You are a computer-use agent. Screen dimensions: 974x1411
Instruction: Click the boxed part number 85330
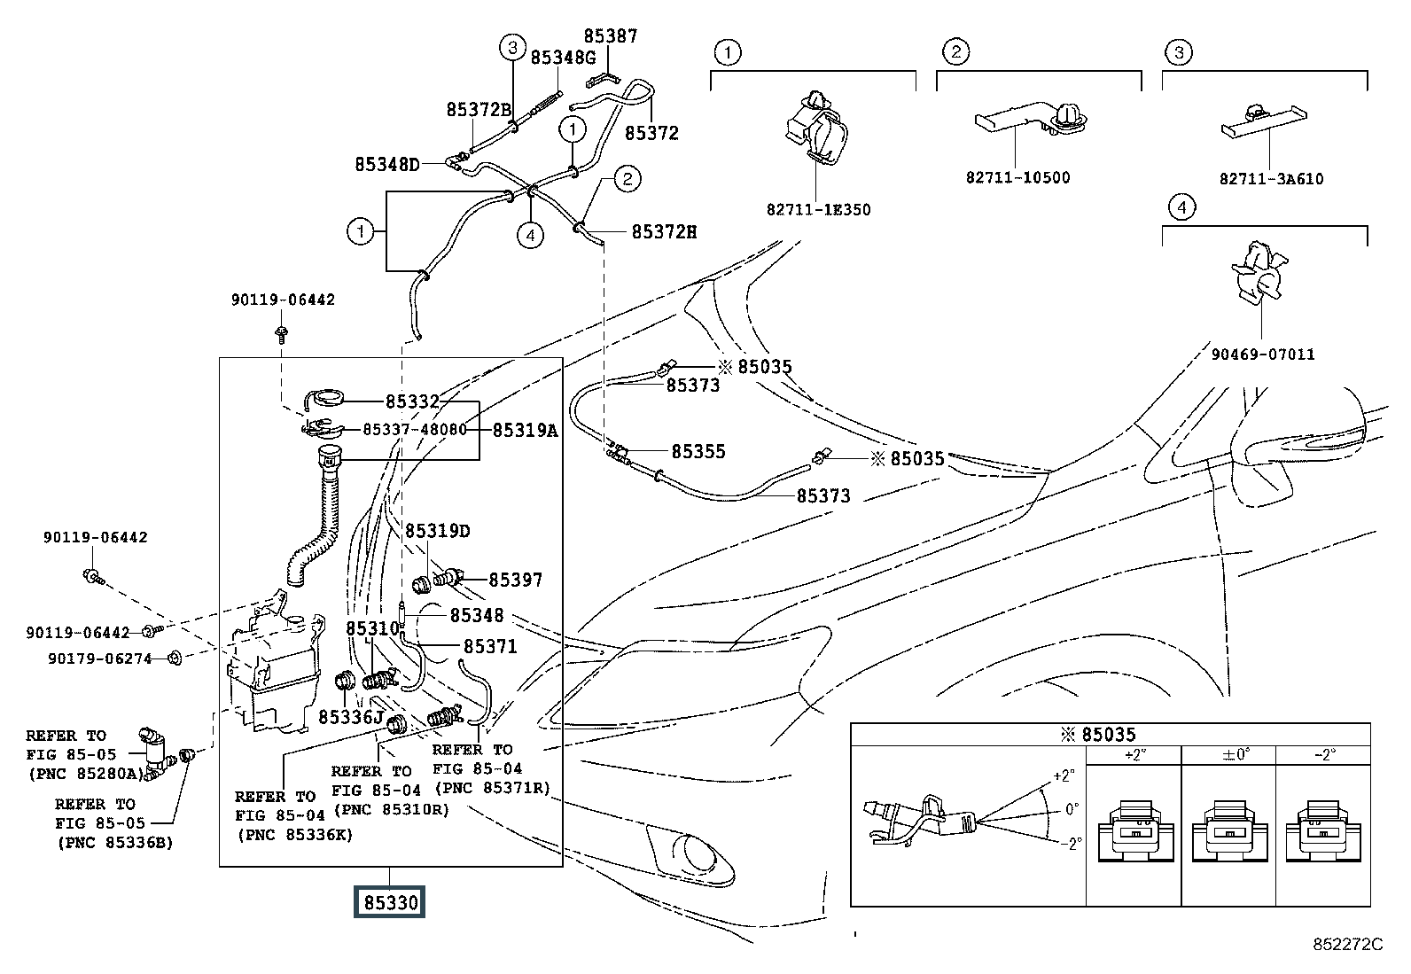[389, 903]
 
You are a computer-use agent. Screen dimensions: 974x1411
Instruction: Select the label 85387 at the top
[610, 36]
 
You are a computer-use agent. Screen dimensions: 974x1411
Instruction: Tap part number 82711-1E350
[818, 210]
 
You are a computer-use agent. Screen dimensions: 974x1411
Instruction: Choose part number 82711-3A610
[1271, 179]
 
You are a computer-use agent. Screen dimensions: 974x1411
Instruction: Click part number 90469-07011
[1263, 355]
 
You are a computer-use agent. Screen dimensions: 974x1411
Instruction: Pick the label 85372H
[664, 232]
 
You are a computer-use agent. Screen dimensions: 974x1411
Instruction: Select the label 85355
[698, 451]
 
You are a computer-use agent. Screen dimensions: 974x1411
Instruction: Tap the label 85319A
[525, 431]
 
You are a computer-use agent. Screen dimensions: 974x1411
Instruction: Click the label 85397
[515, 580]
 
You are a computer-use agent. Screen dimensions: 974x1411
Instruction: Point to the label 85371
[490, 647]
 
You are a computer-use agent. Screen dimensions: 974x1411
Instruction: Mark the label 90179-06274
[101, 658]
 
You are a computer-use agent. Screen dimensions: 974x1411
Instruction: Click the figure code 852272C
[1347, 945]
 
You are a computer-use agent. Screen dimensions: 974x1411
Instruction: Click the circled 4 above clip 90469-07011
[1181, 208]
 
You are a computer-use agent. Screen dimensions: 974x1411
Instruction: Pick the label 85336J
[351, 716]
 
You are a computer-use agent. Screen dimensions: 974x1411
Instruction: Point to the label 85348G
[563, 58]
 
